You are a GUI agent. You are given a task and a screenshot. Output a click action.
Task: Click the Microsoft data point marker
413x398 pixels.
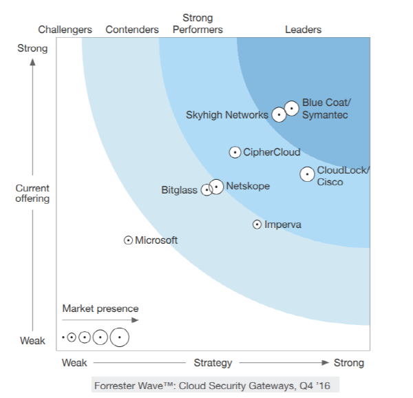pos(128,240)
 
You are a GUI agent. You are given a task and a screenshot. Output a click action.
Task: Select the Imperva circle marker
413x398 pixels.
pos(257,224)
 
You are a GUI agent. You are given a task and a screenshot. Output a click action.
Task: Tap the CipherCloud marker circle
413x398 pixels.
pos(235,153)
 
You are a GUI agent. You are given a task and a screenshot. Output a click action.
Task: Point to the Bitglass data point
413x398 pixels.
pos(206,189)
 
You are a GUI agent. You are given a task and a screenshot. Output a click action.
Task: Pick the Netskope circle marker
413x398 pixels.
pos(216,186)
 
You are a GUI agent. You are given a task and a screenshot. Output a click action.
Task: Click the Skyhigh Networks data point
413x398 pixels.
pos(279,115)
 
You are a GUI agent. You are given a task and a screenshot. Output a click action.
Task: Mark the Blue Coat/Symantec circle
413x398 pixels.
pos(292,108)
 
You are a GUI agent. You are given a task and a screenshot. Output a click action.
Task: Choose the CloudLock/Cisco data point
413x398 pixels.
pos(307,174)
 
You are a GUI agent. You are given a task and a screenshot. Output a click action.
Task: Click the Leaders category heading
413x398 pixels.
pos(303,30)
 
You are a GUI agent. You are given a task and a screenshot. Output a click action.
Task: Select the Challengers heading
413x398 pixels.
pos(65,30)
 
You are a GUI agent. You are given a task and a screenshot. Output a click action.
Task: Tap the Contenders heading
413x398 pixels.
pos(132,30)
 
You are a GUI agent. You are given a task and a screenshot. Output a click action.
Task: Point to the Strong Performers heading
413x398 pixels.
pos(198,23)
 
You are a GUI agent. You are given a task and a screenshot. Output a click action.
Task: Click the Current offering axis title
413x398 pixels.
pos(33,193)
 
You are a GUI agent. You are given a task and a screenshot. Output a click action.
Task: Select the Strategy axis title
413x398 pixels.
pos(213,363)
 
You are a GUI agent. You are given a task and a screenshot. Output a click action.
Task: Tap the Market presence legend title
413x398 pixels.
pos(100,308)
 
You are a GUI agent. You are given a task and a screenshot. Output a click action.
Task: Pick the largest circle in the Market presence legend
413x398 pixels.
pos(120,337)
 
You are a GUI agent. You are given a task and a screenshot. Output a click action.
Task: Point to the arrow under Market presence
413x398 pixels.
pos(100,320)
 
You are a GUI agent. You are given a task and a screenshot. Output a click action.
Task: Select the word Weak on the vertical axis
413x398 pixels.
pos(32,341)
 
